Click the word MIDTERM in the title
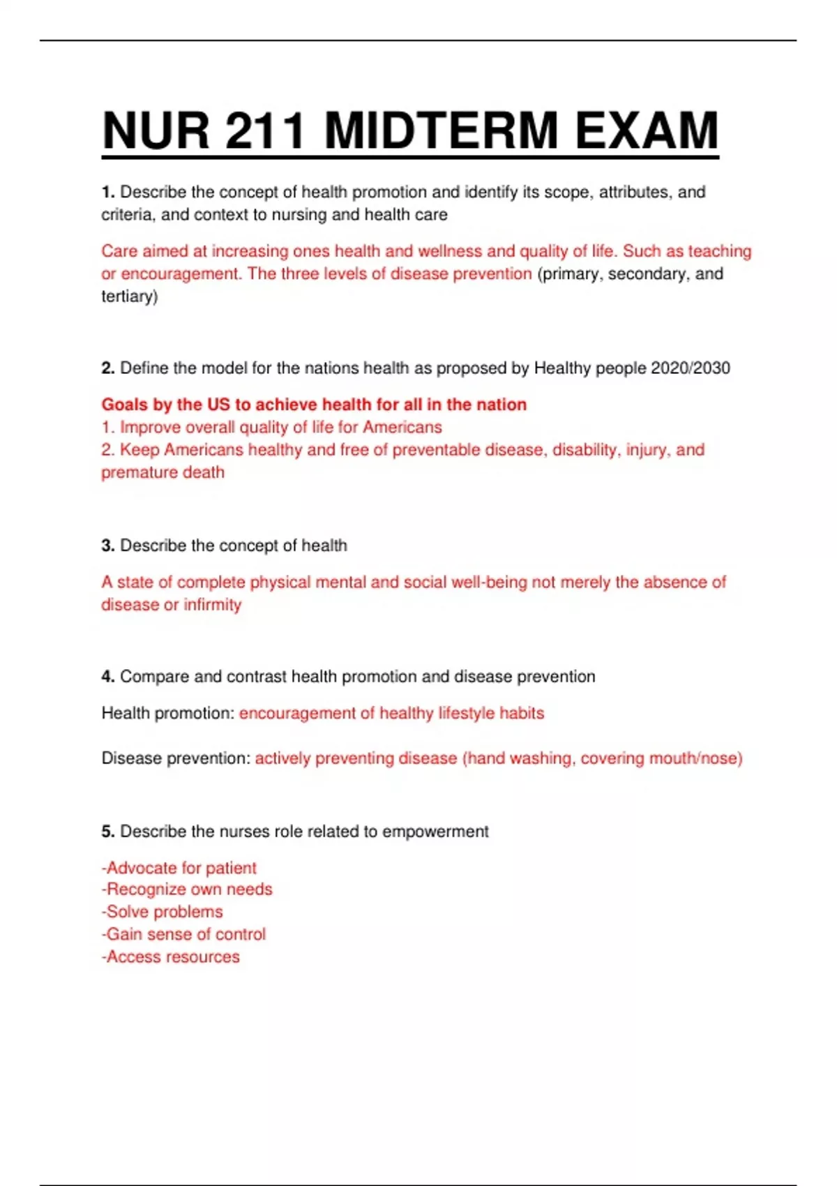point(441,130)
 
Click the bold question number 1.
point(107,192)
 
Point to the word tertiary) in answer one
point(130,296)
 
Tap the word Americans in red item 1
point(402,427)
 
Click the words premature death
point(163,472)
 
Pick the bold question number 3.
point(107,545)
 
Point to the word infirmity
point(212,604)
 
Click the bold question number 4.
point(107,676)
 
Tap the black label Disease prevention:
point(176,758)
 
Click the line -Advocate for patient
point(179,868)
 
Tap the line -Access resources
point(170,956)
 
